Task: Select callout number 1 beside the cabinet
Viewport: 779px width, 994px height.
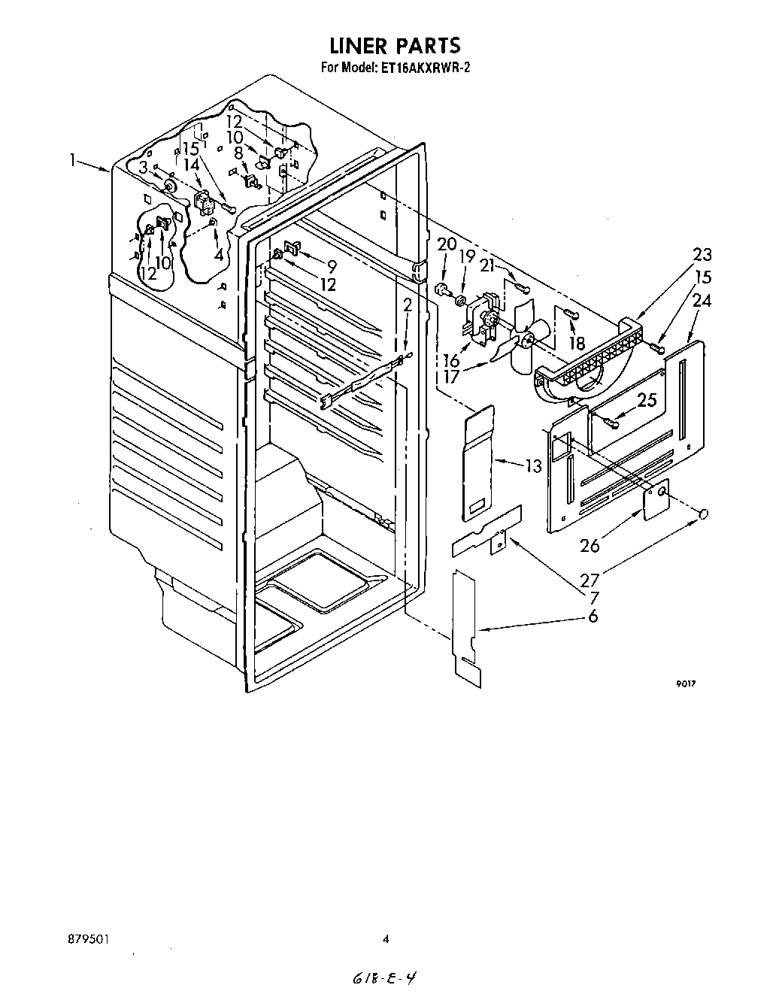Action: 74,159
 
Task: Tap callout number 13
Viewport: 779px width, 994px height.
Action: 533,467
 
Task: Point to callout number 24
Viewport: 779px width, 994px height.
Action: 702,300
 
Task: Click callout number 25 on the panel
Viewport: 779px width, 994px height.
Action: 647,401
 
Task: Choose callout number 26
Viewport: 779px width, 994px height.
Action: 590,545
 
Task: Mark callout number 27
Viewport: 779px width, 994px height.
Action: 590,580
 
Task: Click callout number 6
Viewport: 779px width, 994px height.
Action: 593,616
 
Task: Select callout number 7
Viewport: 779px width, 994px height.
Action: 593,598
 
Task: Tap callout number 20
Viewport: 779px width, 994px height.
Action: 447,244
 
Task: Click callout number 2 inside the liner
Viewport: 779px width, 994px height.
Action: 407,305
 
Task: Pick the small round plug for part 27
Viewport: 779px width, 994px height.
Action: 704,514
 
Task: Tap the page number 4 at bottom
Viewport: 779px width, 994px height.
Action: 386,938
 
